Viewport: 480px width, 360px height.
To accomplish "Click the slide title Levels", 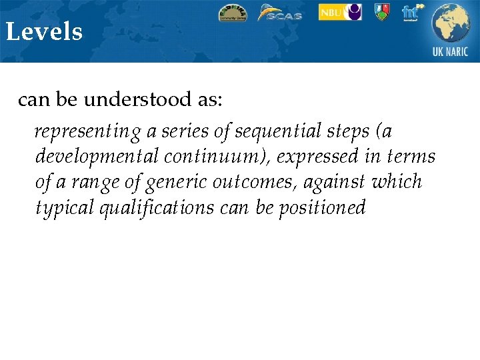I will tap(44, 32).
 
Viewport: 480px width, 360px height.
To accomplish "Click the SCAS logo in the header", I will tap(280, 13).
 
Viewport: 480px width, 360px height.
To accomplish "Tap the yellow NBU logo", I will tap(340, 12).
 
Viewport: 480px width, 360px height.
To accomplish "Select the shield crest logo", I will tap(381, 12).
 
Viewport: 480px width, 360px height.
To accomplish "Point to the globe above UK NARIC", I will tap(451, 23).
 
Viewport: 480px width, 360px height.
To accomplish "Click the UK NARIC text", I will tap(451, 52).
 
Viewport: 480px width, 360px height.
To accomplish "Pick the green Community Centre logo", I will tap(232, 13).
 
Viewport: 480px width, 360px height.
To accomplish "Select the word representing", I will tap(88, 132).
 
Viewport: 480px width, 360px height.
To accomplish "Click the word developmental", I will tap(96, 157).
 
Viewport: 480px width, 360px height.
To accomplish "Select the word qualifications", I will tap(157, 208).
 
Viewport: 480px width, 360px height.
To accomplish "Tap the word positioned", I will tap(322, 208).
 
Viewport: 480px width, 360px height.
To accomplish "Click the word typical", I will tap(64, 208).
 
